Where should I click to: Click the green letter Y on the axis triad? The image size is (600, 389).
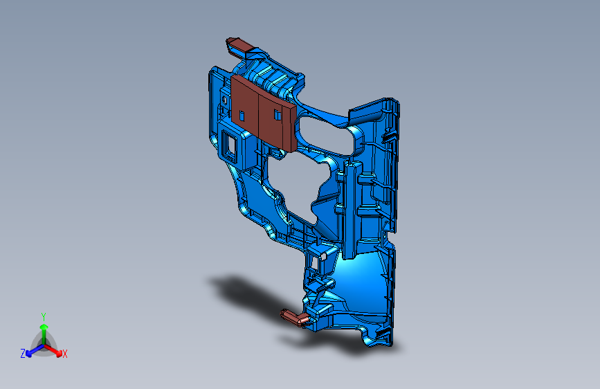(x=44, y=317)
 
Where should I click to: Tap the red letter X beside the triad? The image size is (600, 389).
(x=64, y=354)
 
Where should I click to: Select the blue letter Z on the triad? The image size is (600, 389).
(x=23, y=354)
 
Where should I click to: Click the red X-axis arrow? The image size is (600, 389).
(x=53, y=350)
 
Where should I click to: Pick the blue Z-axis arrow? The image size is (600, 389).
(x=35, y=350)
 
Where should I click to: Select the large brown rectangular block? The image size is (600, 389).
(x=264, y=113)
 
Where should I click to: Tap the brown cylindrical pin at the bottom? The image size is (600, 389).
(x=295, y=318)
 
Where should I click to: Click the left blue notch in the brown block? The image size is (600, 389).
(x=242, y=116)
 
